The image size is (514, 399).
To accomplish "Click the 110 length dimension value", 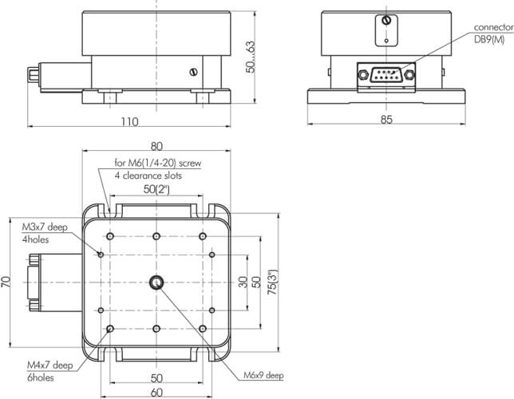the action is pyautogui.click(x=130, y=121).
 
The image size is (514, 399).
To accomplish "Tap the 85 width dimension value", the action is pyautogui.click(x=386, y=120).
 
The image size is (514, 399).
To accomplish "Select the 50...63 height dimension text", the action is pyautogui.click(x=251, y=57).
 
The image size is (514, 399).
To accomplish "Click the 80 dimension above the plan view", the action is pyautogui.click(x=156, y=146).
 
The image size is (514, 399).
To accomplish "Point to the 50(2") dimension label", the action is pyautogui.click(x=156, y=189).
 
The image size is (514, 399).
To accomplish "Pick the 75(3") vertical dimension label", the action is pyautogui.click(x=273, y=282).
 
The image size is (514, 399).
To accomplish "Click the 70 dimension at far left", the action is pyautogui.click(x=6, y=282).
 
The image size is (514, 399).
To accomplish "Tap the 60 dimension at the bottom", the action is pyautogui.click(x=156, y=392).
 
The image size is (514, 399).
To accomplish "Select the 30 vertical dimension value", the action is pyautogui.click(x=243, y=282).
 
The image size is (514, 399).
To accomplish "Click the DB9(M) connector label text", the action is pyautogui.click(x=489, y=39).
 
